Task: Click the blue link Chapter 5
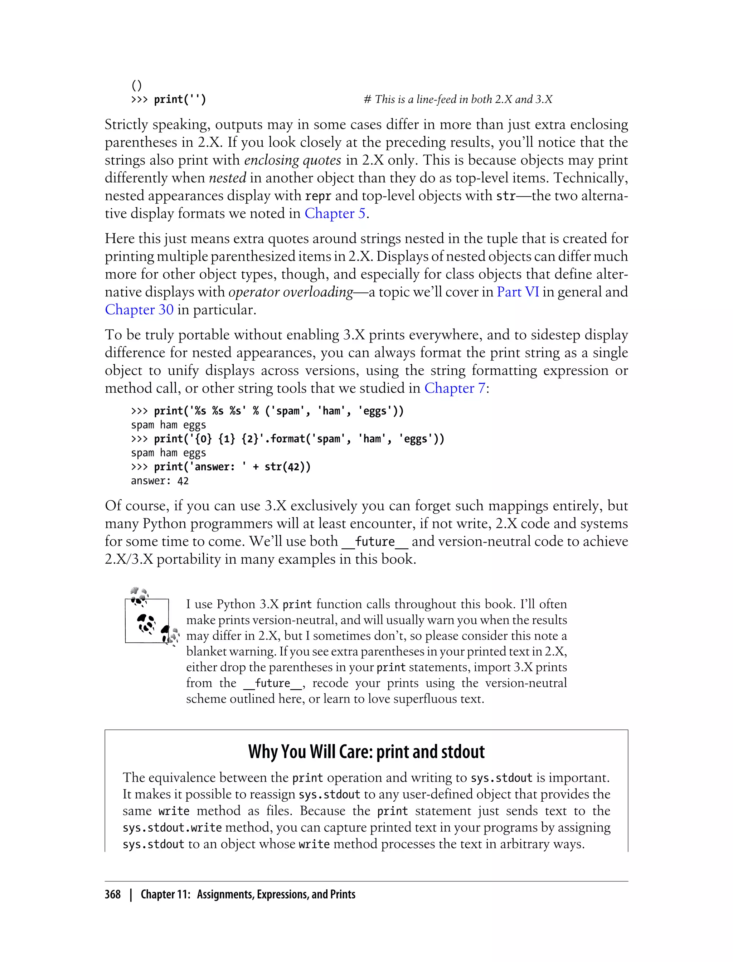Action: click(x=335, y=213)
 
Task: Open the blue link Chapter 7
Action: click(x=455, y=388)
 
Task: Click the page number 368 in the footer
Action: click(x=113, y=894)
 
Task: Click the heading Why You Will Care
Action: click(x=366, y=752)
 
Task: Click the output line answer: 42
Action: click(x=160, y=481)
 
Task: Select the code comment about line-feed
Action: click(x=458, y=99)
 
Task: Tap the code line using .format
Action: click(x=287, y=439)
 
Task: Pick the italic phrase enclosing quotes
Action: click(x=292, y=160)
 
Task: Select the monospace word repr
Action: click(x=318, y=196)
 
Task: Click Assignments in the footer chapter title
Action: click(x=225, y=894)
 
